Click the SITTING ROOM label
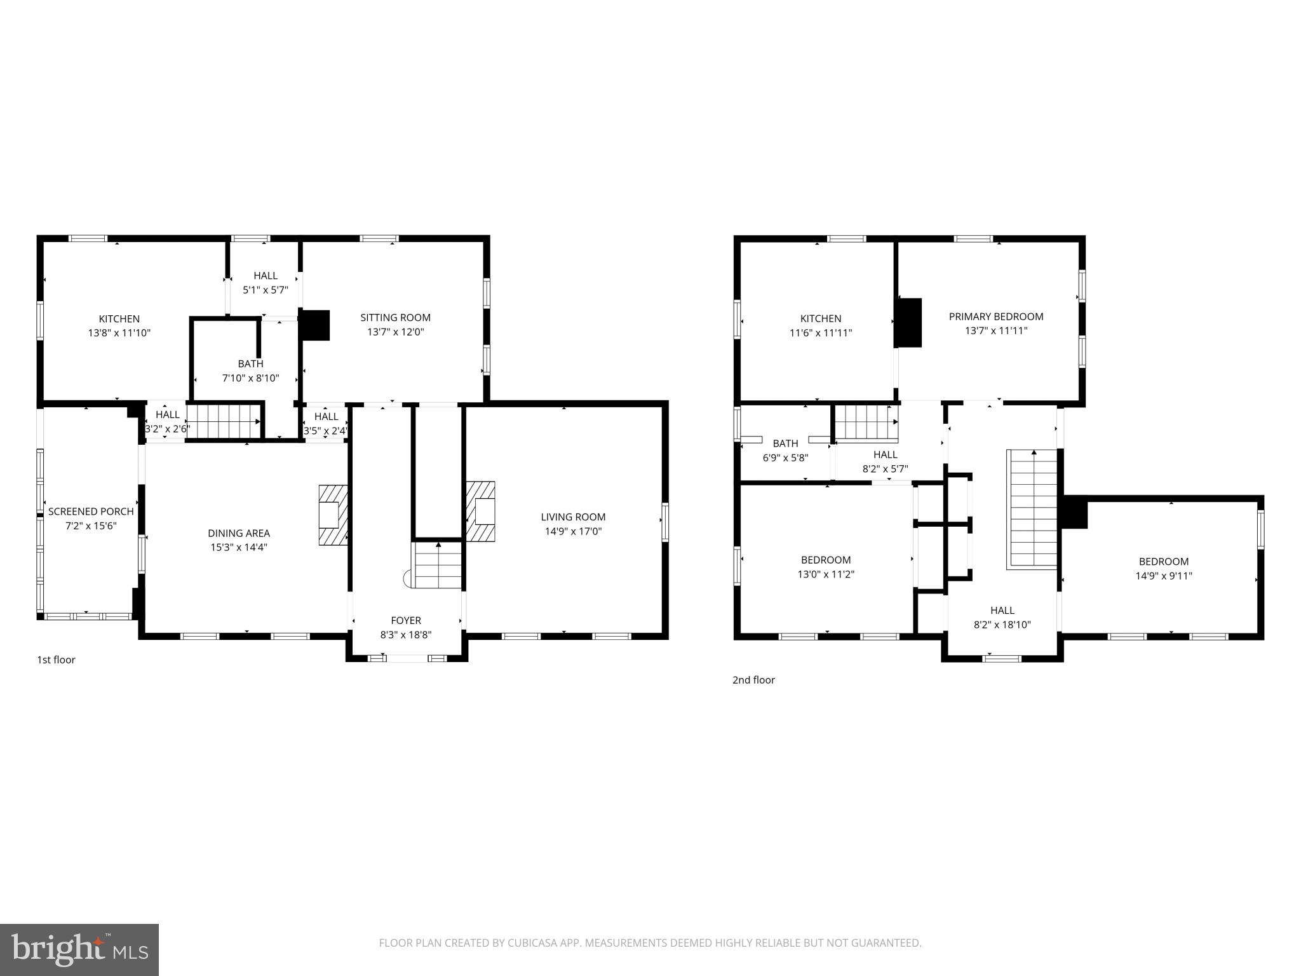[395, 318]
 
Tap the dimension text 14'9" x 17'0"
[573, 531]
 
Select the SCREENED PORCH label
[91, 512]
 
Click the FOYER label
[405, 620]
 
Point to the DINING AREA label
[239, 533]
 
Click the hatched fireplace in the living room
[481, 512]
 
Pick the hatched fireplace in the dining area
[333, 515]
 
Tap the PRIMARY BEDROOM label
[995, 316]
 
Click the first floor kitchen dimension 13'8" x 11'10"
[119, 332]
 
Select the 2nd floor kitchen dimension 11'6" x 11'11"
[820, 332]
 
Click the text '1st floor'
[56, 660]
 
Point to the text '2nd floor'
[753, 680]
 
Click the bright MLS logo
[79, 949]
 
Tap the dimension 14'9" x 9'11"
[1163, 576]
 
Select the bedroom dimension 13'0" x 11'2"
[826, 574]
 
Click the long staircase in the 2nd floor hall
[1033, 509]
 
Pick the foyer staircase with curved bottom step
[437, 565]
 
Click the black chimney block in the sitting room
[315, 325]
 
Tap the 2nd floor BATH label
[785, 444]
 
